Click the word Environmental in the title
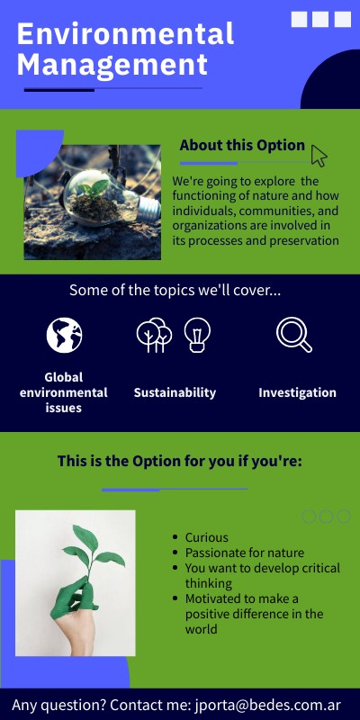tap(125, 34)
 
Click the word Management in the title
tap(112, 65)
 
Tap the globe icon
tap(64, 335)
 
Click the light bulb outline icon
tap(197, 334)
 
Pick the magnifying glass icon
tap(293, 334)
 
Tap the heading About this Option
tap(241, 145)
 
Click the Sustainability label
tap(175, 392)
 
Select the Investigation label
tap(297, 392)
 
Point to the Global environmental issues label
tap(64, 392)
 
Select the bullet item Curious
tap(207, 537)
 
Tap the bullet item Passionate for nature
tap(245, 553)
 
